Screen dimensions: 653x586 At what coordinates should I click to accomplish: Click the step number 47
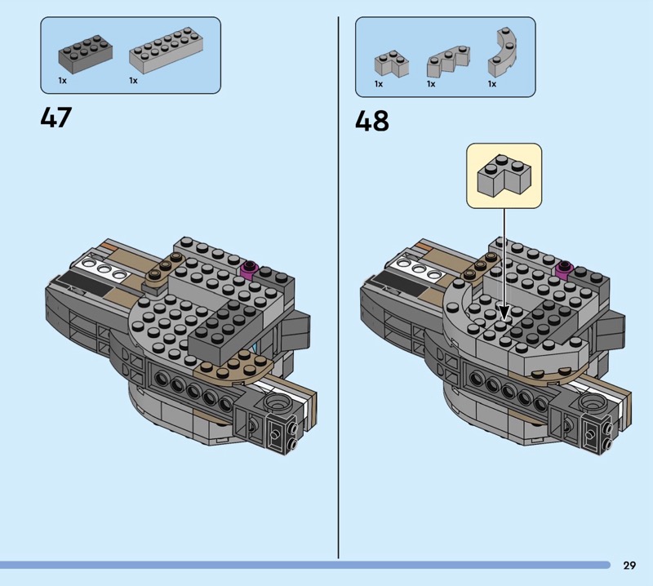point(56,117)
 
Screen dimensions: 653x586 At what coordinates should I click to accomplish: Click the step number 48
point(372,121)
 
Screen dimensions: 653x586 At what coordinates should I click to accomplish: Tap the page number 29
point(629,565)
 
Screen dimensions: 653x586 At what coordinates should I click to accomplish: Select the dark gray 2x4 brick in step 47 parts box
point(86,54)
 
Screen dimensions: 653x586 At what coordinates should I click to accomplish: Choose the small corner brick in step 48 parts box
point(391,64)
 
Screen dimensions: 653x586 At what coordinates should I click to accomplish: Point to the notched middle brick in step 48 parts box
point(448,61)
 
